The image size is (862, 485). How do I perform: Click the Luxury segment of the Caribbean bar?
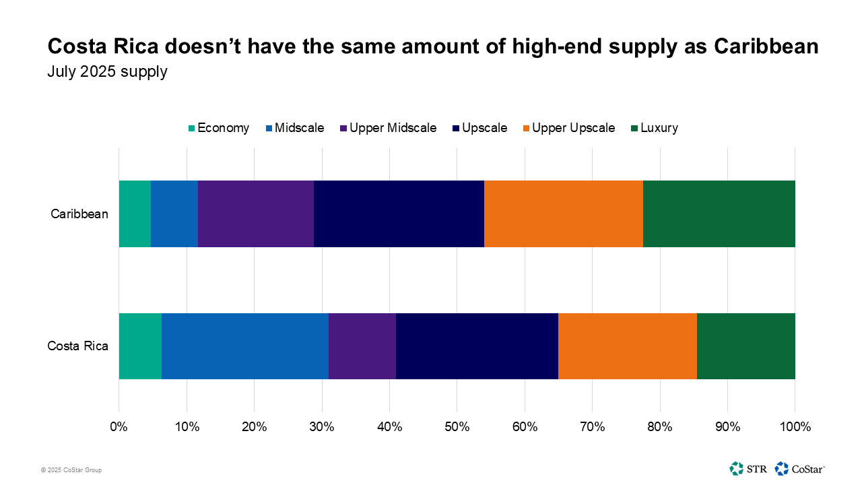(x=719, y=214)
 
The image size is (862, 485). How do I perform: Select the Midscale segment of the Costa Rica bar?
(x=245, y=346)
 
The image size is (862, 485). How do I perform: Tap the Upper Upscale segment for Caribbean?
(x=563, y=214)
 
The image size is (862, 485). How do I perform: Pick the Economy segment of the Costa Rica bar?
(x=140, y=346)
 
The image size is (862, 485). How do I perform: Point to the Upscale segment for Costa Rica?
(x=477, y=346)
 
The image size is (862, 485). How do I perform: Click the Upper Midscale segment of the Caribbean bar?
(x=256, y=214)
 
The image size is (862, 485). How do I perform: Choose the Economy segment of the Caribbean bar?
(x=135, y=214)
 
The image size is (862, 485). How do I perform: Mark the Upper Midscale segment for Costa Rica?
(x=362, y=346)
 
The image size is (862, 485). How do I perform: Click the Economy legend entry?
(x=218, y=128)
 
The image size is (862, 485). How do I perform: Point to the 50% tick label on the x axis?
(x=457, y=426)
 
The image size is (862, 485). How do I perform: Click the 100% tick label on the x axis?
(x=795, y=426)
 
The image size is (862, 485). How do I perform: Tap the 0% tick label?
(x=119, y=426)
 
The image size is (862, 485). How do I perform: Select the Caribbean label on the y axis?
(x=79, y=214)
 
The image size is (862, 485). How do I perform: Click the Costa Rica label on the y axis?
(x=78, y=346)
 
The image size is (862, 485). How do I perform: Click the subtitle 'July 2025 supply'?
(x=107, y=71)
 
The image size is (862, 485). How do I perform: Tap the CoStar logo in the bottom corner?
(x=800, y=468)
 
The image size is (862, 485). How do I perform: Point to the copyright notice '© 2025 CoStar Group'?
(x=71, y=470)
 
